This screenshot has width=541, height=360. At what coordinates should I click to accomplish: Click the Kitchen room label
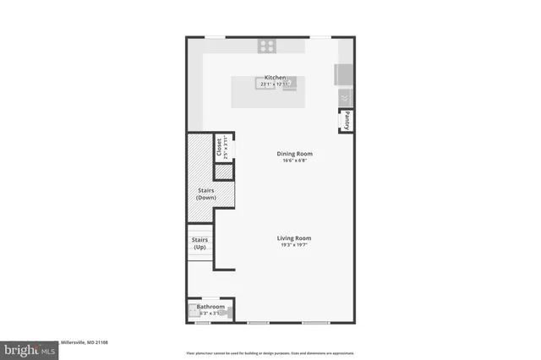276,77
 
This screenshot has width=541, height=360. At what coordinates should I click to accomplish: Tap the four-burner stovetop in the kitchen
267,46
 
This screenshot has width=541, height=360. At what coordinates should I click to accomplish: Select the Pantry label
347,121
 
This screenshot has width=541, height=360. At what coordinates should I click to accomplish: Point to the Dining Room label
295,153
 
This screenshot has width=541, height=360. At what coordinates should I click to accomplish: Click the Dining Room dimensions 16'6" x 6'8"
295,161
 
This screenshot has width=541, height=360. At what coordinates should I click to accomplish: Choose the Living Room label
295,238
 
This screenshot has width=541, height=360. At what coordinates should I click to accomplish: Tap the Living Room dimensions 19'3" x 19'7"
295,246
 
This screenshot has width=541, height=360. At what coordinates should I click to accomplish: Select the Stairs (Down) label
206,194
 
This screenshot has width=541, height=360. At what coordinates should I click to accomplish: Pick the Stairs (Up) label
199,243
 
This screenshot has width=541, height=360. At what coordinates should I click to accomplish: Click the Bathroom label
210,306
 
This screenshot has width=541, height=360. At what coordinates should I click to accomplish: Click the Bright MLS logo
27,349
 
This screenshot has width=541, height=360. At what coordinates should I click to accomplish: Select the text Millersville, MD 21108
85,342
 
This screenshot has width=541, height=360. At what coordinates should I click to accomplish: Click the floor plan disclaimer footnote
271,352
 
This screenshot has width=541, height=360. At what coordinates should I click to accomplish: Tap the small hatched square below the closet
223,172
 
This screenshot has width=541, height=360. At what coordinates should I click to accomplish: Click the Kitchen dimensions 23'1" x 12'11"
276,84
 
